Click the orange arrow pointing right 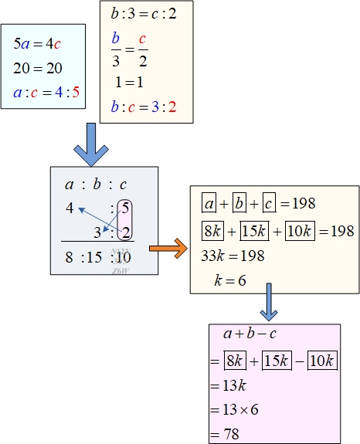click(168, 249)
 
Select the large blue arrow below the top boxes click(91, 144)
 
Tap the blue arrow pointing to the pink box click(269, 302)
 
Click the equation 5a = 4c click(37, 43)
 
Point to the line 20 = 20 click(38, 68)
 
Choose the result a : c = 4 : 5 click(46, 93)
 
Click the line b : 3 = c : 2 click(144, 14)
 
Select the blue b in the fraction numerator click(116, 39)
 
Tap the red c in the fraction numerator click(142, 39)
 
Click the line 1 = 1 click(129, 83)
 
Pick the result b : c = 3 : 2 click(144, 107)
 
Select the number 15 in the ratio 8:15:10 click(94, 257)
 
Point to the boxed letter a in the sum click(209, 203)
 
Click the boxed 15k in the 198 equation click(254, 231)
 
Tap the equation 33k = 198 click(233, 256)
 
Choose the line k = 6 click(230, 280)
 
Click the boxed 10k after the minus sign click(322, 361)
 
